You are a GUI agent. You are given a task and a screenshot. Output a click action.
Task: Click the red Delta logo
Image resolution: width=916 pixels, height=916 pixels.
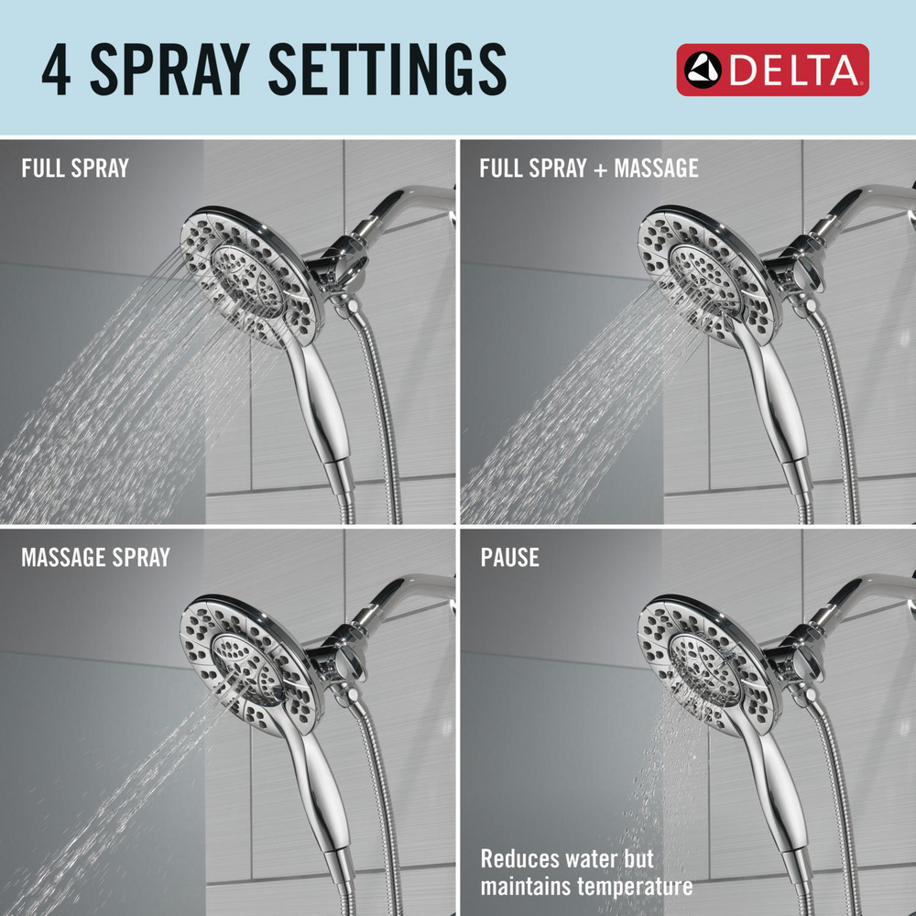click(772, 70)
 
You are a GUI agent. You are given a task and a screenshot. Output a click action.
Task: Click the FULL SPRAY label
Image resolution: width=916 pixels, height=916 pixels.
click(75, 169)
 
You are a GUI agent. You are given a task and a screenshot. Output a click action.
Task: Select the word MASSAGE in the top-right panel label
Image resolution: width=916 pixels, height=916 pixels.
click(656, 169)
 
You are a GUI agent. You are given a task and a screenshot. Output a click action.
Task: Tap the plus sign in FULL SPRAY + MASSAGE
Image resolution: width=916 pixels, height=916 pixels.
click(600, 169)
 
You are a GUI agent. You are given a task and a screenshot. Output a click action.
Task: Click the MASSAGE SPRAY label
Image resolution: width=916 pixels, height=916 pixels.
click(95, 558)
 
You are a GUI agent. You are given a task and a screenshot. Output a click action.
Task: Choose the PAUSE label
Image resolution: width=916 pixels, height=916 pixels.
click(509, 558)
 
